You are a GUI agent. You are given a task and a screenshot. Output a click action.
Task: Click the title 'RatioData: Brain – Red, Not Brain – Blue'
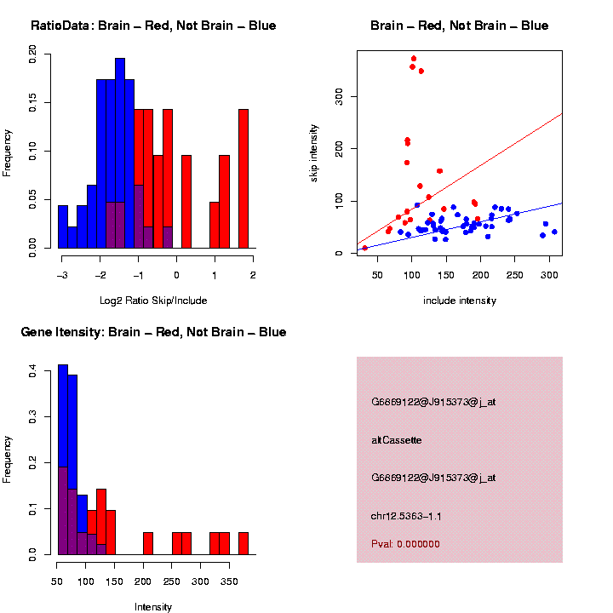click(x=153, y=26)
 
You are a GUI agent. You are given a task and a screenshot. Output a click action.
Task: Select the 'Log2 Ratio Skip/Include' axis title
click(x=153, y=301)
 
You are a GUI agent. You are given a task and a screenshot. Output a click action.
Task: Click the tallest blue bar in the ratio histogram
click(x=120, y=153)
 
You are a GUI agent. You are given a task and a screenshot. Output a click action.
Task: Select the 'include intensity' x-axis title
click(x=460, y=301)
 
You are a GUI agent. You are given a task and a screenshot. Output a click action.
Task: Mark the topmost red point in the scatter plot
click(x=414, y=59)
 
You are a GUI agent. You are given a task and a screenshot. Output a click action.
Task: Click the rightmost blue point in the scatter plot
click(x=554, y=232)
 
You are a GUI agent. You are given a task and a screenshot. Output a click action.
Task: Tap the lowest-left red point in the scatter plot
click(x=365, y=248)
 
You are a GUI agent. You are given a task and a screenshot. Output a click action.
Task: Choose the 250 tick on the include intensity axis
click(x=515, y=274)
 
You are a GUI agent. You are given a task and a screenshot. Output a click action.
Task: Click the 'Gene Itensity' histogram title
click(x=153, y=332)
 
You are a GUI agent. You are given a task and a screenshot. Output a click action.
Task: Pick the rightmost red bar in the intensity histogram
click(x=243, y=543)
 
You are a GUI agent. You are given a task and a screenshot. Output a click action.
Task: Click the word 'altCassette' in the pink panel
click(x=397, y=440)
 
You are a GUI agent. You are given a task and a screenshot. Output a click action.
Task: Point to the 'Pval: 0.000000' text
click(x=406, y=544)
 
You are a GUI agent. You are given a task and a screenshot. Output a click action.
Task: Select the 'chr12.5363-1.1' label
click(x=407, y=516)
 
